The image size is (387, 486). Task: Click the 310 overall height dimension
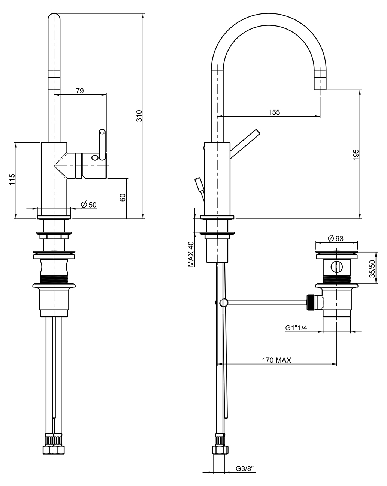point(139,116)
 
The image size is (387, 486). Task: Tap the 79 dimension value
point(80,91)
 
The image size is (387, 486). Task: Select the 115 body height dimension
point(12,179)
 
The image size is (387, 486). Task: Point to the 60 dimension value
point(123,197)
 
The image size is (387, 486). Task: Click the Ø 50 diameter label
point(89,205)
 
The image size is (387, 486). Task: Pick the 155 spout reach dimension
point(274,112)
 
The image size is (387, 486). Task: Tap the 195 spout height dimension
point(356,155)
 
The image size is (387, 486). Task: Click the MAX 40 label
point(191,254)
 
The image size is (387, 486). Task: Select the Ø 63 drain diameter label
point(335,238)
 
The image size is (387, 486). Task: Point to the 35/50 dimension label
point(372,269)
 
